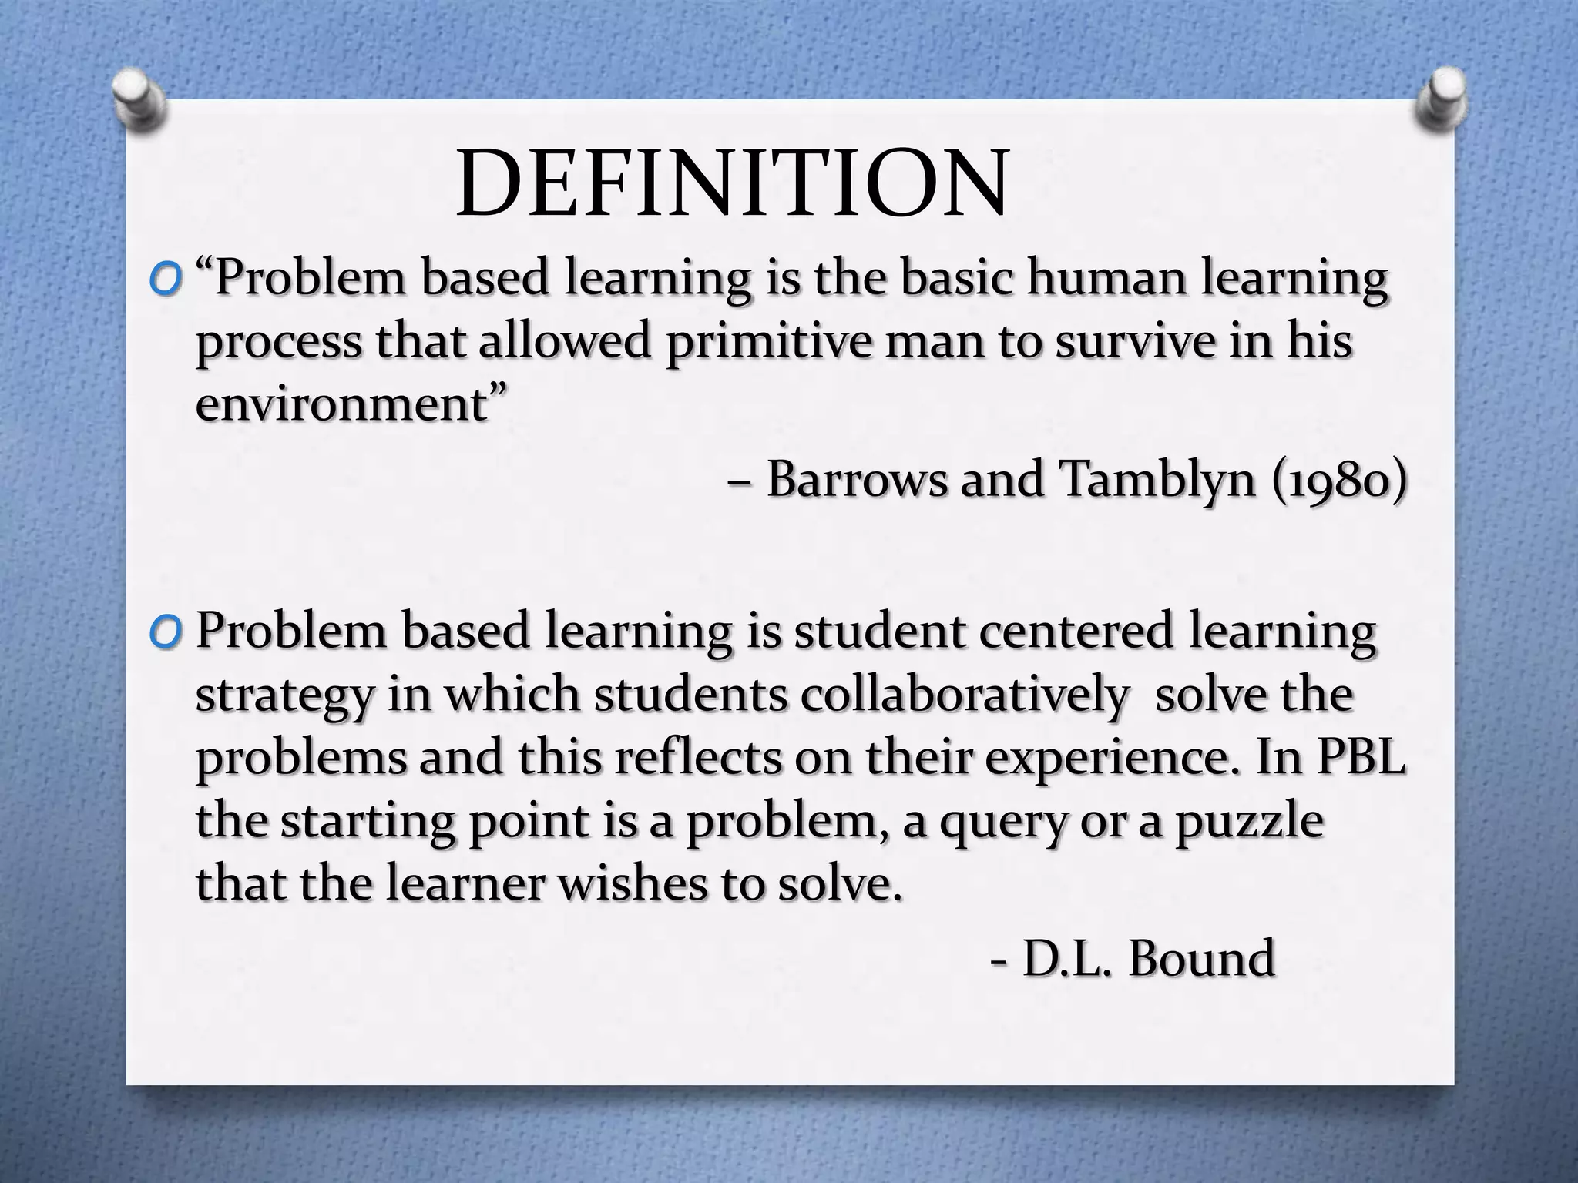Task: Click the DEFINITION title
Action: [x=731, y=186]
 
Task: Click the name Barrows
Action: [x=856, y=479]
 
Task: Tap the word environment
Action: [x=342, y=404]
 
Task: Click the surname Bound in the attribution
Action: [x=1202, y=960]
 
